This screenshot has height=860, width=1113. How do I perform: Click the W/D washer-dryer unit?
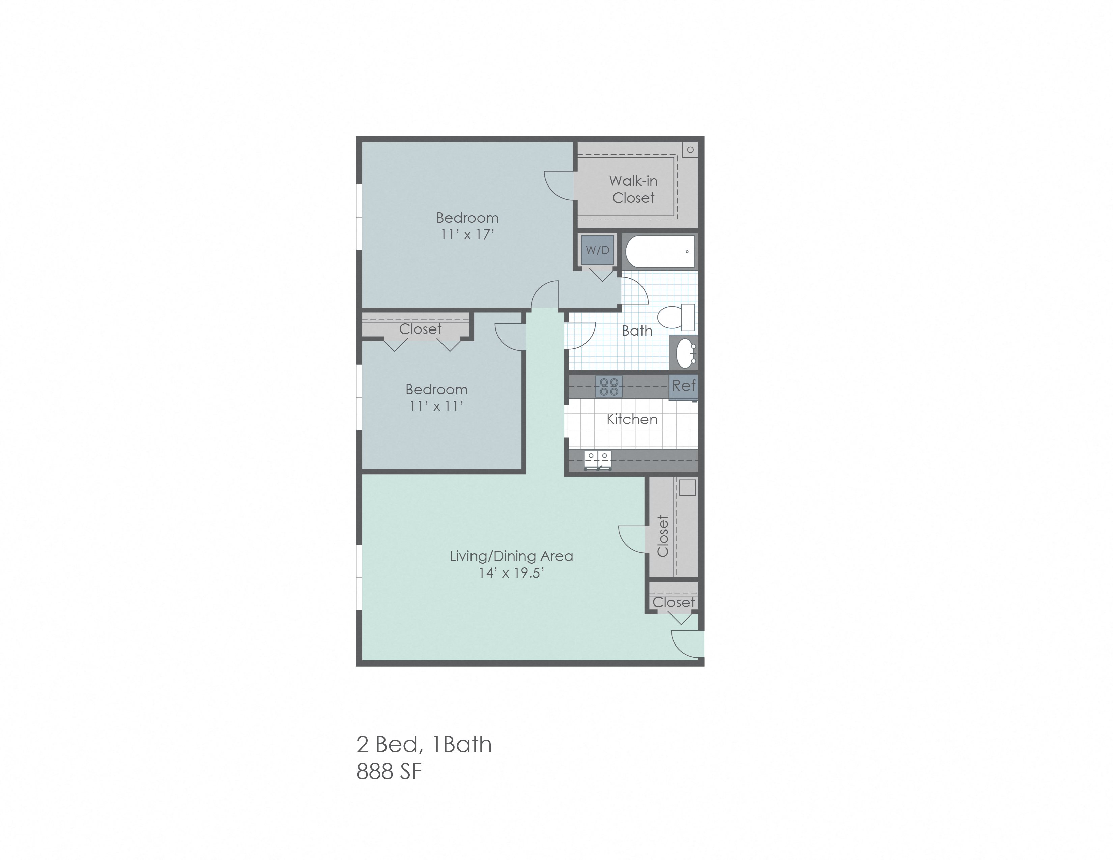(x=598, y=250)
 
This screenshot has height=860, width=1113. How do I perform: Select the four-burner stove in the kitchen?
(x=608, y=386)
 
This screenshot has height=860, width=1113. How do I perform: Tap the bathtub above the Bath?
(x=660, y=251)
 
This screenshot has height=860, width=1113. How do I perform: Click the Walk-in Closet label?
(x=633, y=189)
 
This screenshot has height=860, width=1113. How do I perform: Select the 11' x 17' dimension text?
(x=467, y=235)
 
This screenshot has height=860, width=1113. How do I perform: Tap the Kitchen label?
(x=632, y=419)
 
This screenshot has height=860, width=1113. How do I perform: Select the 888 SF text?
(x=389, y=772)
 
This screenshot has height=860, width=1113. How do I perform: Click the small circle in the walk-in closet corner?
(x=690, y=150)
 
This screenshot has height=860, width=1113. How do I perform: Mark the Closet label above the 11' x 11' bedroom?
(x=421, y=329)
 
